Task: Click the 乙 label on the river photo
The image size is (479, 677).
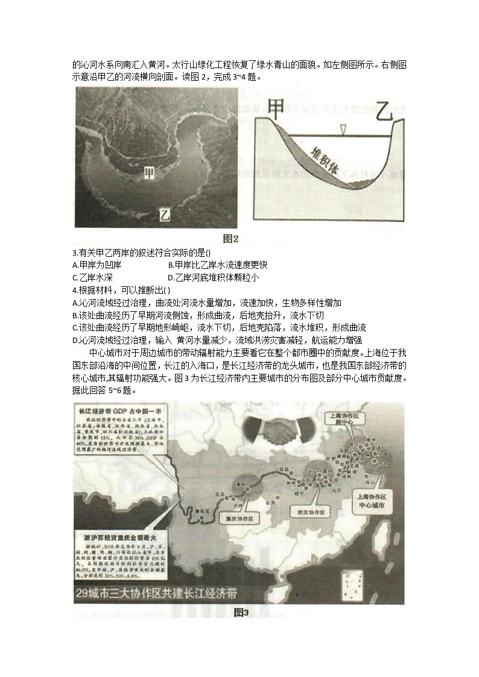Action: pos(164,213)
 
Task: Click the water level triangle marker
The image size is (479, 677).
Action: pos(343,129)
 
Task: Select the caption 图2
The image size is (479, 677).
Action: pos(231,239)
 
